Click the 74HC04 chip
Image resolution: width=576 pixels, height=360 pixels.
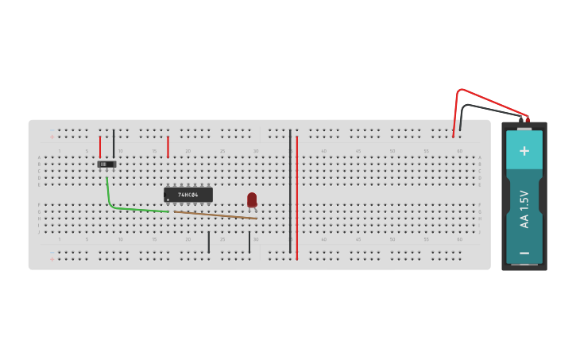coord(188,195)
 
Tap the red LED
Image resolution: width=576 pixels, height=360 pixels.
coord(252,199)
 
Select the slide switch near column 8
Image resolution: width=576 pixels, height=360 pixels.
coord(106,165)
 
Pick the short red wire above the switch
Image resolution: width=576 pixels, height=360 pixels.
coord(100,146)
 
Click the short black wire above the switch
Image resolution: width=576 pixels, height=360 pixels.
coord(114,141)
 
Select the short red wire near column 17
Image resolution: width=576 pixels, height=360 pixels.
coord(168,146)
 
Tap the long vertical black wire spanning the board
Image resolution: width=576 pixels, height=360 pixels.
coord(290,191)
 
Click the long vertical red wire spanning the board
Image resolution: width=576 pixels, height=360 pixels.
coord(297,199)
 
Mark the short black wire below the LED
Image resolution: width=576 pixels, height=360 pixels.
coord(249,242)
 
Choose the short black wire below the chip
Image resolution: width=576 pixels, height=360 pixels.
coord(209,242)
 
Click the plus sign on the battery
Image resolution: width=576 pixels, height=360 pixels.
coord(524,151)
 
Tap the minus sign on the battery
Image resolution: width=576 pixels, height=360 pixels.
coord(524,253)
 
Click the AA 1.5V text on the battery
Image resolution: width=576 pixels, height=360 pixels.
coord(524,209)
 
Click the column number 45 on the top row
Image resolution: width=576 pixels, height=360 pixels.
coord(358,151)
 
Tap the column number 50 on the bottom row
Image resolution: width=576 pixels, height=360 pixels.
coord(392,239)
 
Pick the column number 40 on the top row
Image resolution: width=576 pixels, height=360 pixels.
coord(324,151)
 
